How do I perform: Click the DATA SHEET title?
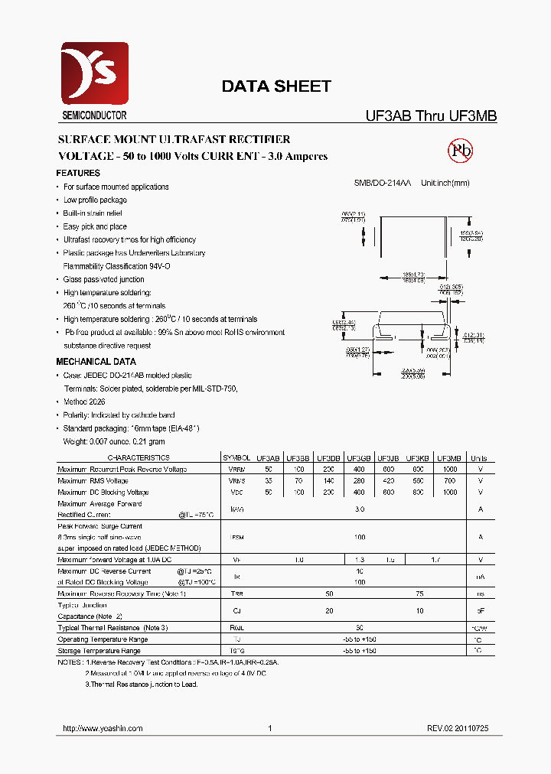[x=276, y=86]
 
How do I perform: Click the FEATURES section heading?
[x=78, y=174]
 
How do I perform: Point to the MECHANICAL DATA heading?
[x=96, y=362]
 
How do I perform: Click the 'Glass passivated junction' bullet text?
[x=104, y=280]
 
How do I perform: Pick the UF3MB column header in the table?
[x=449, y=458]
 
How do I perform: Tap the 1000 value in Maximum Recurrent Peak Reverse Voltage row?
[x=449, y=470]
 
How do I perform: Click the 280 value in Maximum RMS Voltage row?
[x=359, y=481]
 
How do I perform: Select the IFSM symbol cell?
[x=237, y=538]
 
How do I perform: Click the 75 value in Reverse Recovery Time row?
[x=419, y=594]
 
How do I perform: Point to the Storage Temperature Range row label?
[x=99, y=651]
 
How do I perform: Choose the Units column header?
[x=479, y=458]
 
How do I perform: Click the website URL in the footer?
[x=102, y=729]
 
